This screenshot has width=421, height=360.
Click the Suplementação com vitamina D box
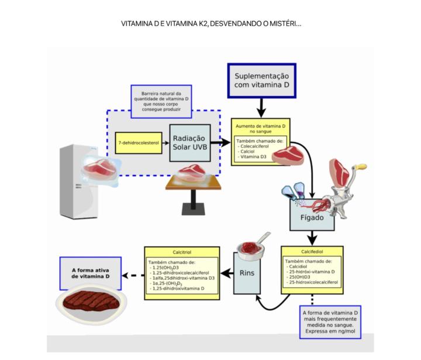261,81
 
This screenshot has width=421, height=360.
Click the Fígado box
312,215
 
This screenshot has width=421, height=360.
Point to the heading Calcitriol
182,252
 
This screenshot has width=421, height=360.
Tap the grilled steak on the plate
91,303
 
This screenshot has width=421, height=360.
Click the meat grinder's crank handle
361,169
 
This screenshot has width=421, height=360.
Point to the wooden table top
193,183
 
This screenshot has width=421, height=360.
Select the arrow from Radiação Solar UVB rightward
220,142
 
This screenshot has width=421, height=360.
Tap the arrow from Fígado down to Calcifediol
313,236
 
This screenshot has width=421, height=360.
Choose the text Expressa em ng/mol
330,332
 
